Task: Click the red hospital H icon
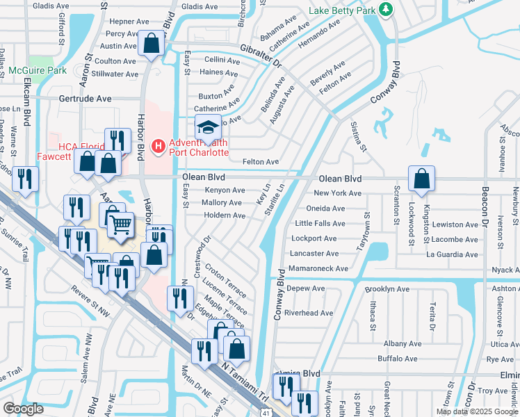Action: click(x=159, y=146)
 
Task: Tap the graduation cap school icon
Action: click(x=207, y=127)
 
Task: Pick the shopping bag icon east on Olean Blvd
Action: click(x=421, y=179)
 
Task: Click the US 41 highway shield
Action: click(x=267, y=411)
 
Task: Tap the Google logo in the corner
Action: click(x=23, y=409)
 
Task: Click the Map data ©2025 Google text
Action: click(x=477, y=411)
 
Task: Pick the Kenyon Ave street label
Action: click(x=224, y=190)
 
